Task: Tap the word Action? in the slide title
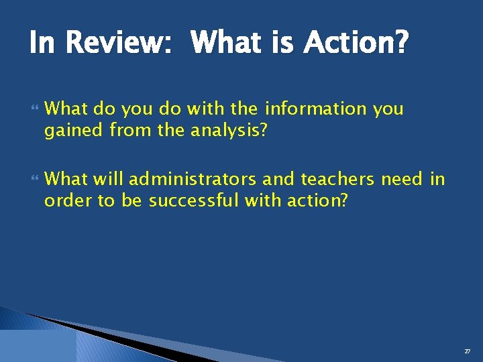tap(355, 44)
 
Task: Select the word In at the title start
tap(40, 44)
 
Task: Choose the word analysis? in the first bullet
tap(229, 131)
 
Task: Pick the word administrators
tap(193, 179)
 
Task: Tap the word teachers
tap(338, 179)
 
